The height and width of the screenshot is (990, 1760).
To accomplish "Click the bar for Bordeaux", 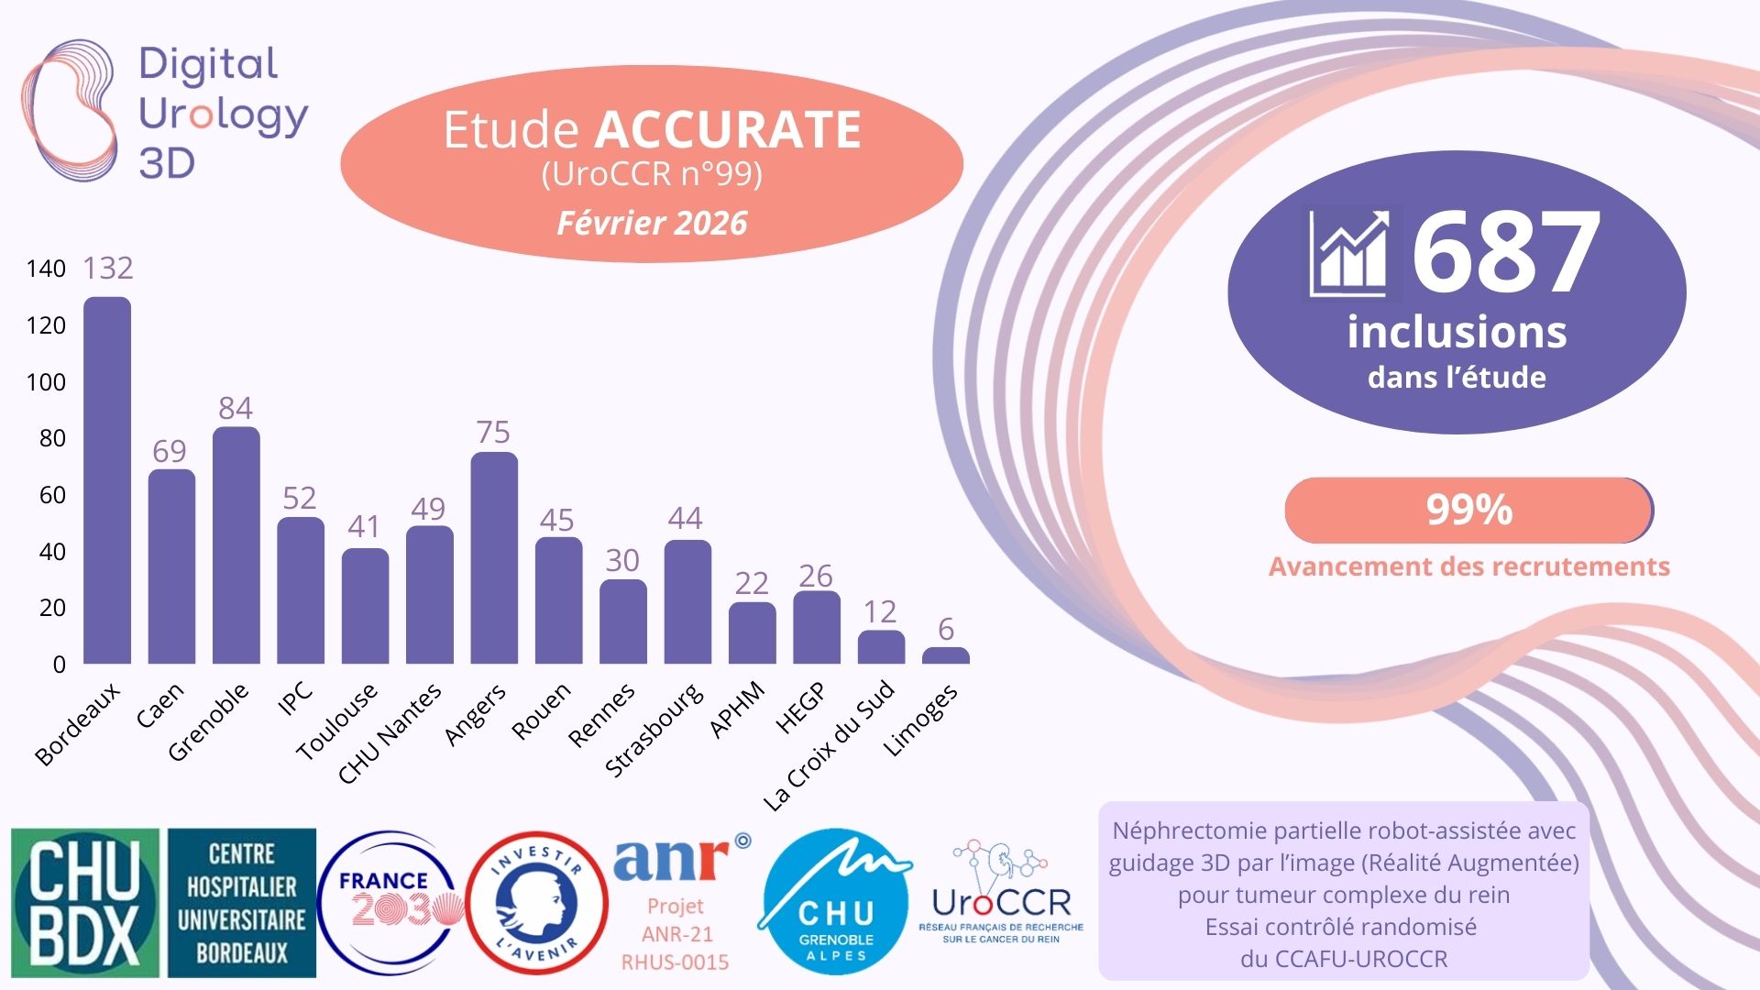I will pos(107,480).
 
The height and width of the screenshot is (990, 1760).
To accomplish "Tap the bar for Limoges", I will pos(945,655).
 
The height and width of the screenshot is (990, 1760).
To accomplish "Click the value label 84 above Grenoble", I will pos(236,408).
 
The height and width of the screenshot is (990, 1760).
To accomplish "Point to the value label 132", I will pos(108,268).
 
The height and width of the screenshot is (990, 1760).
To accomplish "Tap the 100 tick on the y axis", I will pos(46,381).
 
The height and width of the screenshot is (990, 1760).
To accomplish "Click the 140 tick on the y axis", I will pos(46,269).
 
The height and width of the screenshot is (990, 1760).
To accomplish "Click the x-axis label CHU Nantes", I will pos(390,734).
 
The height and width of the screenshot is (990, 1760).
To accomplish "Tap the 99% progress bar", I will pos(1468,510).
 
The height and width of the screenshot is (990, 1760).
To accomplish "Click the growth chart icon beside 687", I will pos(1350,253).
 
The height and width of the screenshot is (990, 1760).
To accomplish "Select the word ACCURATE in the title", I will pos(728,129).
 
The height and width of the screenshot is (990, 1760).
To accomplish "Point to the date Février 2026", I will pos(652,223).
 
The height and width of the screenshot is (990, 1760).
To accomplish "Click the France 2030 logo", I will pos(390,903).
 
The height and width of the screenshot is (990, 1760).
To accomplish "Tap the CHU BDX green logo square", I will pos(84,903).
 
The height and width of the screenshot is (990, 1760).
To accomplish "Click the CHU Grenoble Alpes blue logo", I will pos(835,903).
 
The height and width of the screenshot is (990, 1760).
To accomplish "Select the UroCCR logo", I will pos(1001,893).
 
